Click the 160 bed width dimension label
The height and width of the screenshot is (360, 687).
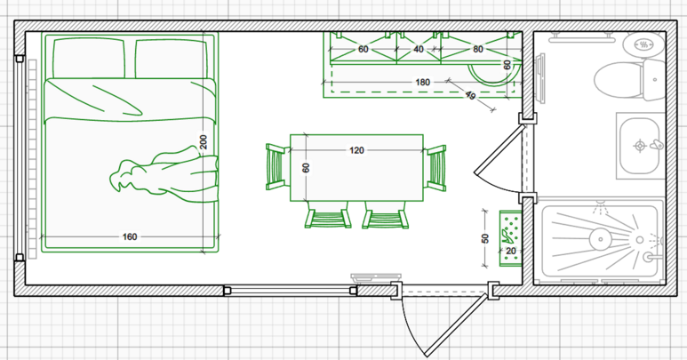[130, 236]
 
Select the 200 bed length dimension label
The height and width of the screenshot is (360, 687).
[204, 141]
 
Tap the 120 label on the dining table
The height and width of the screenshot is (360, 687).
[356, 150]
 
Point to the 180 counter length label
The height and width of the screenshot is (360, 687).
[422, 83]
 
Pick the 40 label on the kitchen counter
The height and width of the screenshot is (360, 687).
[419, 50]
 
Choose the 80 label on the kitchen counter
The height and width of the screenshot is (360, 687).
[478, 50]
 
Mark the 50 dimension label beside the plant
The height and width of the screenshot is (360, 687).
[484, 238]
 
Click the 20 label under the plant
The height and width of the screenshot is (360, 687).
[511, 252]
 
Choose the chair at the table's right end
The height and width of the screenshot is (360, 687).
[435, 167]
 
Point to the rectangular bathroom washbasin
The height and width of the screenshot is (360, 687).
[640, 144]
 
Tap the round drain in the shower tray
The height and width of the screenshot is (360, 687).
[599, 237]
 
